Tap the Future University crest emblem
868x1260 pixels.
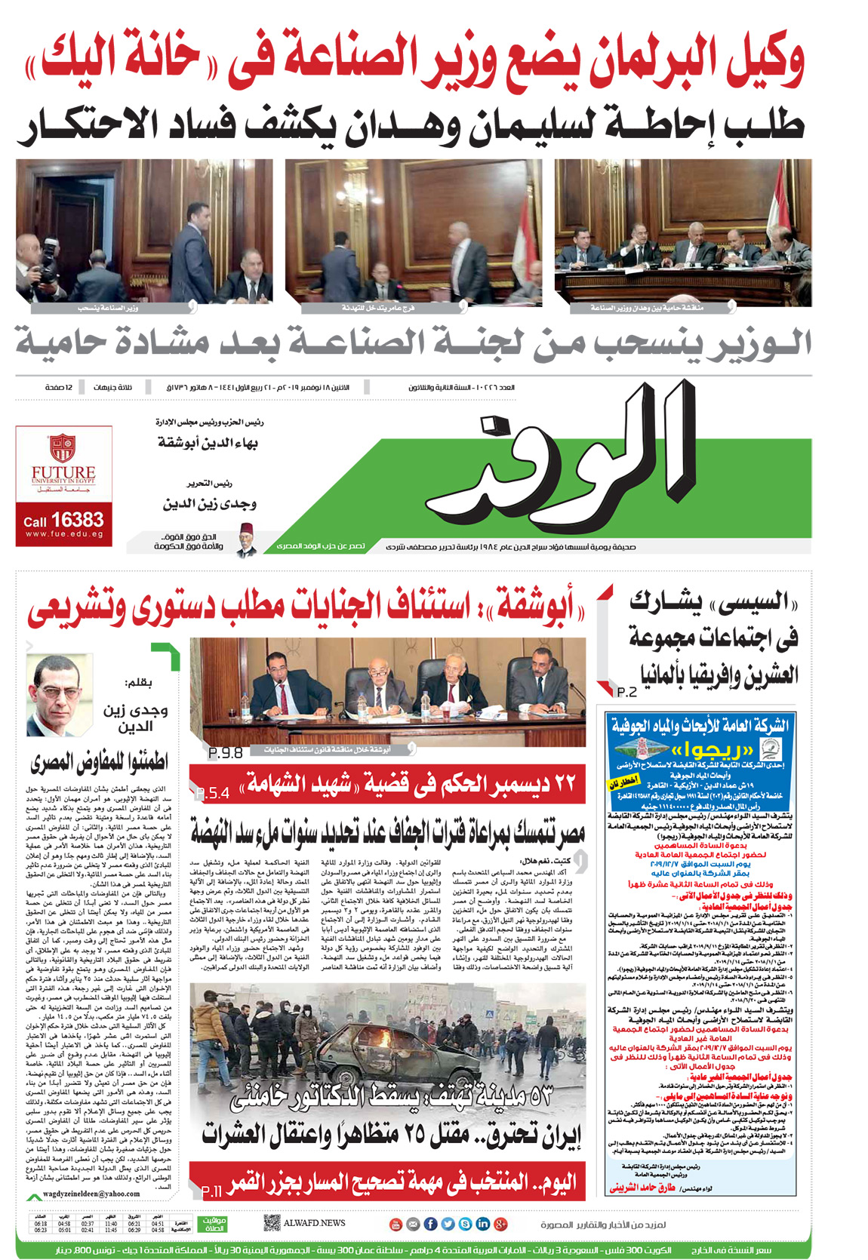[63, 448]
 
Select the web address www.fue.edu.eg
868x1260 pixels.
[64, 533]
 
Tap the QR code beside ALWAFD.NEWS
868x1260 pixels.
[272, 1223]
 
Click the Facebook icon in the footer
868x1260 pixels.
[430, 1224]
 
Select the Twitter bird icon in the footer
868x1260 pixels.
[448, 1224]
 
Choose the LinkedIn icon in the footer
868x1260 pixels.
[482, 1224]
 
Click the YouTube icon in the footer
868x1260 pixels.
[396, 1224]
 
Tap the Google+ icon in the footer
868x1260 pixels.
[500, 1224]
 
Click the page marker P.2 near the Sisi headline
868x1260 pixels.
[626, 692]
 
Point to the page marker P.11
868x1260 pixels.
[212, 1191]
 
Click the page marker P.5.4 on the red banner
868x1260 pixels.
[212, 793]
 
